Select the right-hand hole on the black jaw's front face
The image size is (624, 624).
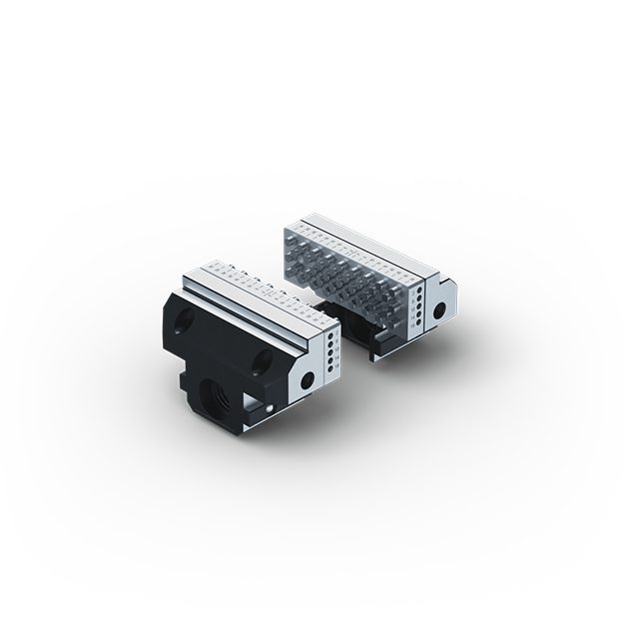(262, 357)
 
